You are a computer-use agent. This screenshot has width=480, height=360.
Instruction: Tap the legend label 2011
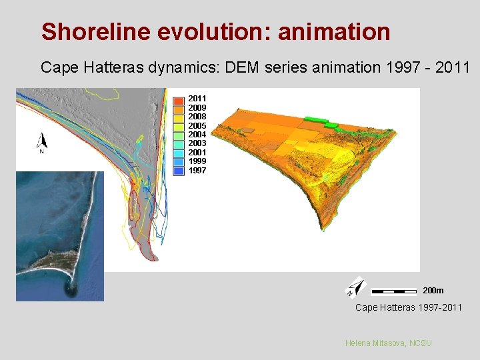coord(197,98)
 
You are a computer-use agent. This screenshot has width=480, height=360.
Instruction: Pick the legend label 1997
coord(197,171)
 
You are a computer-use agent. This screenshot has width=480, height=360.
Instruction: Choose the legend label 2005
coord(197,125)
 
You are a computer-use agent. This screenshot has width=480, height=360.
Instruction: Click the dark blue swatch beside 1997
coord(179,171)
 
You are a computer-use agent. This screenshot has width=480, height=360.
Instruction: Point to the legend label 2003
coord(197,143)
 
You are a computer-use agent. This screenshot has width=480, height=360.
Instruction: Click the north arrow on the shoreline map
coord(42,142)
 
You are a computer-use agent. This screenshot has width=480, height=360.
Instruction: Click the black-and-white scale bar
coord(393,291)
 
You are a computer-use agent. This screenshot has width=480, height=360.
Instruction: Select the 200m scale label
coord(433,291)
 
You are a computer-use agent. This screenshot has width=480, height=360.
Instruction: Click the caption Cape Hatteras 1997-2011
coord(408,307)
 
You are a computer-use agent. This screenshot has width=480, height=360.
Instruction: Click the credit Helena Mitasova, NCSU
coord(388,343)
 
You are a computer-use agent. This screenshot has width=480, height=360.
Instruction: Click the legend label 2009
coord(197,107)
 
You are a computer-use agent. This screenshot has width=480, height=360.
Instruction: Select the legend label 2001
coord(197,153)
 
